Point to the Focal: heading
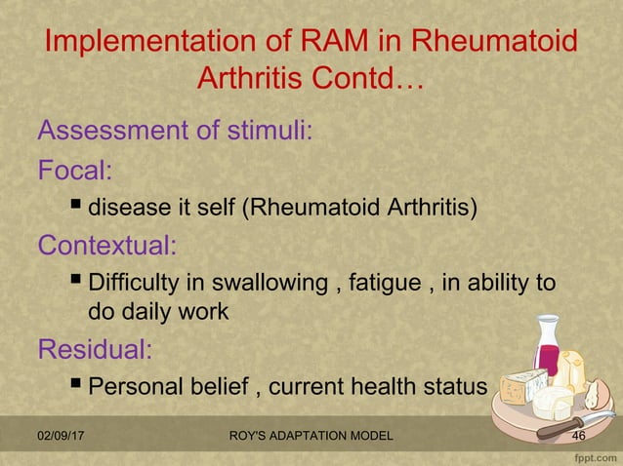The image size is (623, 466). [74, 172]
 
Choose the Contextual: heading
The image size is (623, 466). [106, 246]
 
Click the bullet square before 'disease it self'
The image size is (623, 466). [76, 207]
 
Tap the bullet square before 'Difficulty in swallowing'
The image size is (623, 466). [76, 282]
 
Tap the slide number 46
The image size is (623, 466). [578, 436]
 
